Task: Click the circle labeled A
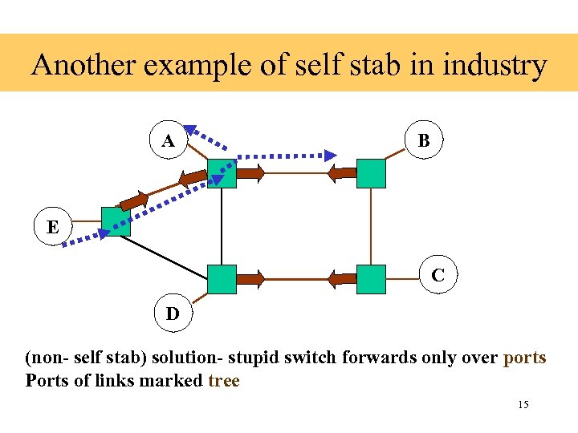(x=169, y=141)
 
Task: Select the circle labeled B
(x=424, y=140)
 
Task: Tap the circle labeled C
(x=438, y=275)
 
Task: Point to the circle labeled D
(x=173, y=314)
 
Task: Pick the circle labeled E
(x=52, y=227)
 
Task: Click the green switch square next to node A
(x=222, y=172)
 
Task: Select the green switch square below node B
(x=371, y=172)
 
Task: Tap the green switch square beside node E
(x=116, y=221)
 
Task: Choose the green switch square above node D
(x=222, y=279)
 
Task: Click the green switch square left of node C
(x=371, y=279)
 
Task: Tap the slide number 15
(x=523, y=405)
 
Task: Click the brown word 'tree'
(x=224, y=381)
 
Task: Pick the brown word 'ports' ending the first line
(x=524, y=358)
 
